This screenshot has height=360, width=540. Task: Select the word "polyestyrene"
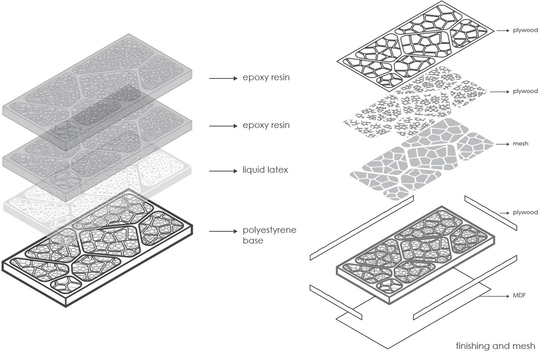tap(270, 231)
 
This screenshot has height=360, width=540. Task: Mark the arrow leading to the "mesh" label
tap(502, 144)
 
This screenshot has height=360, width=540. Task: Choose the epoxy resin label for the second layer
tap(266, 126)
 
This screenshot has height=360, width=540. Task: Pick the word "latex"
tap(278, 171)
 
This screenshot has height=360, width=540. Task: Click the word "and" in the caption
tap(502, 346)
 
